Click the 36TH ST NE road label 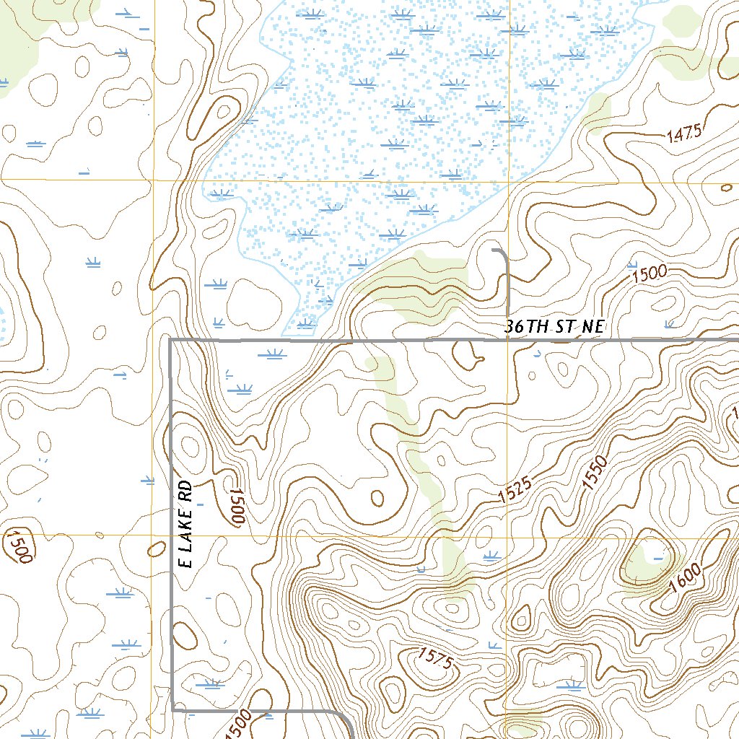[554, 327]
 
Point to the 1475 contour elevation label [684, 134]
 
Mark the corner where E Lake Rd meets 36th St [170, 340]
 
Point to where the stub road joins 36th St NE [510, 339]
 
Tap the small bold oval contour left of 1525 [377, 497]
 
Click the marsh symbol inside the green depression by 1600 [657, 557]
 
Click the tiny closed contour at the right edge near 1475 [726, 188]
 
